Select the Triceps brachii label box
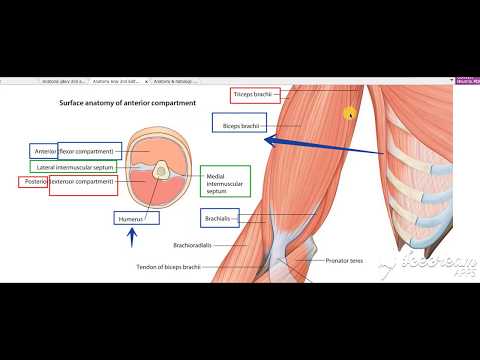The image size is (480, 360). tap(253, 95)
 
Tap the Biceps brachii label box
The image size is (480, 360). tap(238, 123)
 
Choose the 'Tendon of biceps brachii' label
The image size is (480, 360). tap(176, 267)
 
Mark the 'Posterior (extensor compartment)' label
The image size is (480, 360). tap(69, 183)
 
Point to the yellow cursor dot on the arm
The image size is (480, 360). tap(351, 114)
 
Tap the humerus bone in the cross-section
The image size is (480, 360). tap(160, 172)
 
